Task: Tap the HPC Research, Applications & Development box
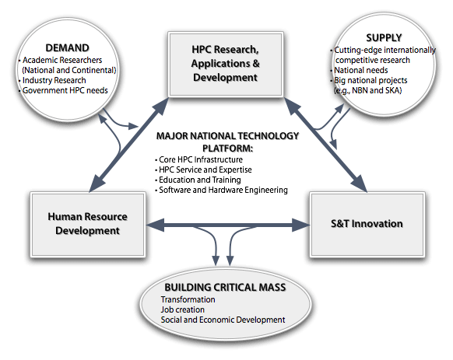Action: [x=226, y=64]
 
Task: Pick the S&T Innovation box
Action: [x=366, y=224]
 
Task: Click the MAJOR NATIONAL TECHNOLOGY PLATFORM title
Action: [x=226, y=142]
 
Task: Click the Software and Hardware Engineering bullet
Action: [x=223, y=190]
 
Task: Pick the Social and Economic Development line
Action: [x=223, y=320]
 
